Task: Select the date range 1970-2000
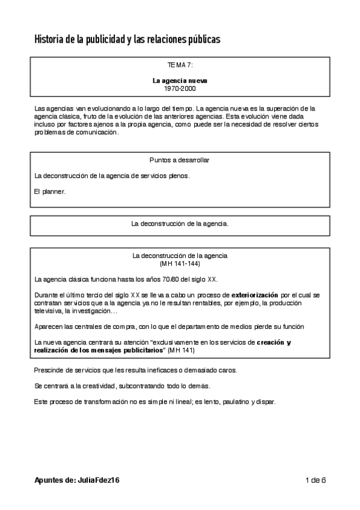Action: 180,88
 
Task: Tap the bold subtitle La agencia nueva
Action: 180,80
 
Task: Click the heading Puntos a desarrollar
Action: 180,160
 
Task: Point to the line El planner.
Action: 49,191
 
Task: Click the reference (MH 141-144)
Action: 180,263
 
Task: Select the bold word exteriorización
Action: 255,295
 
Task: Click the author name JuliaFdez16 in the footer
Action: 99,480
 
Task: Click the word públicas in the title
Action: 200,40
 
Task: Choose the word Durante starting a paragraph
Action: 47,295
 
